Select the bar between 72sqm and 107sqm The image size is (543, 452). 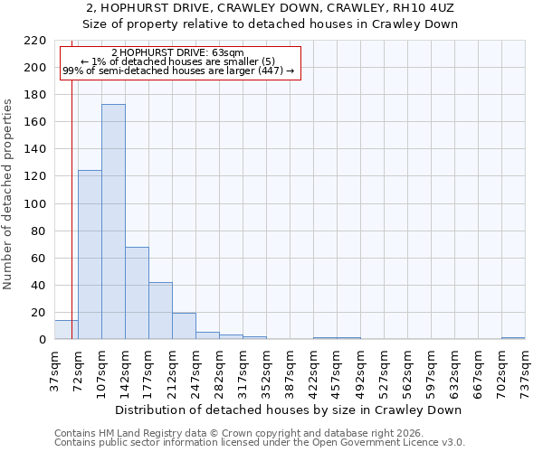pos(90,255)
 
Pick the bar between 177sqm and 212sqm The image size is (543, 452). pos(160,311)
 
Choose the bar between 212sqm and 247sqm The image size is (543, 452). pos(184,326)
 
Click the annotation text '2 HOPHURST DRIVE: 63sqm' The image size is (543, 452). pos(177,53)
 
